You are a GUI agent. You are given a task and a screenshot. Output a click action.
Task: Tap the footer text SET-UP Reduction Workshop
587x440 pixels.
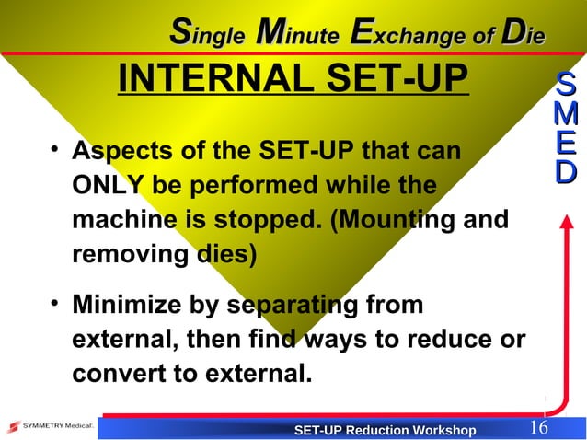click(385, 430)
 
